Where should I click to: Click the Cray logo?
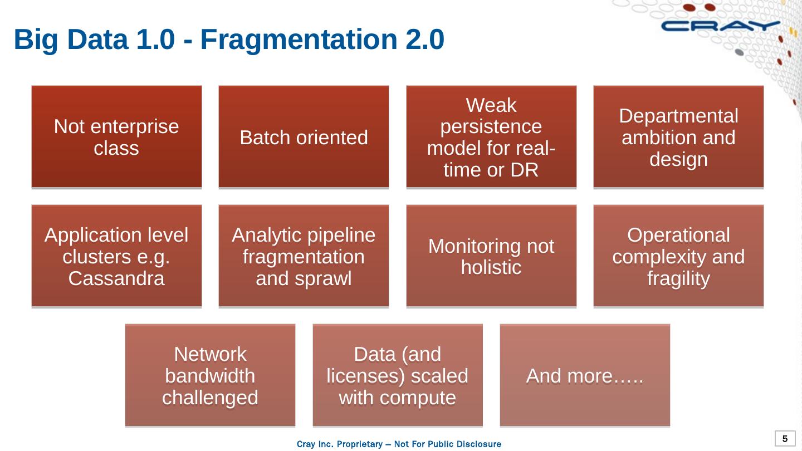tap(721, 26)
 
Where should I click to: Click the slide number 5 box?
tap(785, 439)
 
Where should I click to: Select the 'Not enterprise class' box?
tap(116, 137)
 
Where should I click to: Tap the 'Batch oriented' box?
tap(304, 137)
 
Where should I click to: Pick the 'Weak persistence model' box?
tap(491, 137)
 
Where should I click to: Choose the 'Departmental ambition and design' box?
tap(678, 137)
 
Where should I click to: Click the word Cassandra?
tap(116, 278)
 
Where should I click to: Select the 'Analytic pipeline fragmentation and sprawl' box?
tap(304, 256)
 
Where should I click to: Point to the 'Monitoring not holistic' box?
tap(491, 256)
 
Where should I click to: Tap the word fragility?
tap(678, 278)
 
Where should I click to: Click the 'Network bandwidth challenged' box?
tap(210, 376)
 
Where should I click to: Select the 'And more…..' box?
tap(585, 376)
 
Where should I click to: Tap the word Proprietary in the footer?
tap(361, 444)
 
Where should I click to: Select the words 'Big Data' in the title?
tap(71, 40)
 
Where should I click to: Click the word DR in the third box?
tap(524, 170)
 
